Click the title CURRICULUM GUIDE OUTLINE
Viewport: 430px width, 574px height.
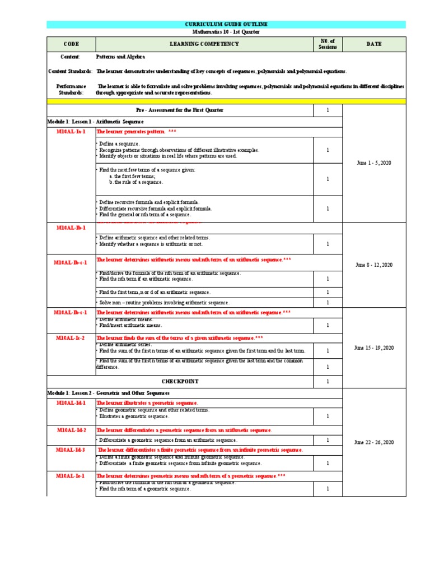pyautogui.click(x=226, y=25)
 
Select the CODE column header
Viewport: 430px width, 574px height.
pyautogui.click(x=71, y=44)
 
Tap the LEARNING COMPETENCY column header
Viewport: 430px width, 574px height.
pyautogui.click(x=204, y=44)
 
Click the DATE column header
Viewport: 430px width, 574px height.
pyautogui.click(x=374, y=44)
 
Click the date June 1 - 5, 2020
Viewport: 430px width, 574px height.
pyautogui.click(x=373, y=162)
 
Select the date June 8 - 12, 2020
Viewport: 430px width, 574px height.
pyautogui.click(x=373, y=265)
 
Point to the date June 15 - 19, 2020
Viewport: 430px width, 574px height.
pyautogui.click(x=373, y=348)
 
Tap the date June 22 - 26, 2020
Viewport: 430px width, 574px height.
pyautogui.click(x=373, y=442)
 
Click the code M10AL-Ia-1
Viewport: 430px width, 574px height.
pyautogui.click(x=71, y=132)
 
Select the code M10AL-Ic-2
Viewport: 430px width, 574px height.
pyautogui.click(x=71, y=338)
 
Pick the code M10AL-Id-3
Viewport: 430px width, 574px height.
pyautogui.click(x=71, y=450)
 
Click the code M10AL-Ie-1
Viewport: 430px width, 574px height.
pyautogui.click(x=71, y=475)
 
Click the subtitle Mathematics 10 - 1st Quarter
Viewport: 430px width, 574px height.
pyautogui.click(x=226, y=32)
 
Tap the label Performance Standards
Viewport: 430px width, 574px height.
pyautogui.click(x=71, y=90)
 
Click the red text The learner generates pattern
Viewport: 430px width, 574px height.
pyautogui.click(x=132, y=132)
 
